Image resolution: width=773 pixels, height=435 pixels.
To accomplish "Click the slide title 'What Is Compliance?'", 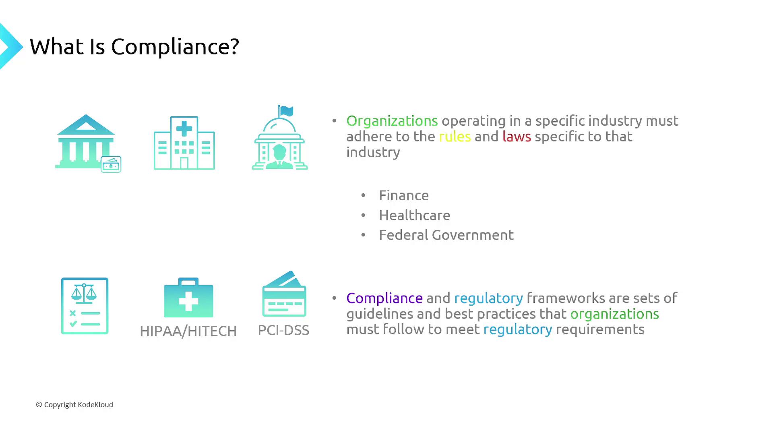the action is (134, 47).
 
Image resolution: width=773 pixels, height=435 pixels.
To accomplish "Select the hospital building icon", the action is (184, 143).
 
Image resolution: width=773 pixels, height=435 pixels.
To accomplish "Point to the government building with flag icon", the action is (280, 138).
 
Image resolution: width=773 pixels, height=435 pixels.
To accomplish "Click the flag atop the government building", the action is (286, 111).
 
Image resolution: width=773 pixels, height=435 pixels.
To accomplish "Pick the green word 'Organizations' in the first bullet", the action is (392, 121).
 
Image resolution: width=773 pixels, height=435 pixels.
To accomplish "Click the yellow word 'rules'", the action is (455, 137).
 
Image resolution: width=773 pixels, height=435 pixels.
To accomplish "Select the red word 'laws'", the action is (517, 137).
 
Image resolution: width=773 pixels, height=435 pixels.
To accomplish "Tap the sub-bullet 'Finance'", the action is (404, 195).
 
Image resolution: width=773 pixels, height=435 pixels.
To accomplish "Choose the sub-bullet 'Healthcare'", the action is (415, 215).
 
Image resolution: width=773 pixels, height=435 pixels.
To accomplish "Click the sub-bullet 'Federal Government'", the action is (446, 235).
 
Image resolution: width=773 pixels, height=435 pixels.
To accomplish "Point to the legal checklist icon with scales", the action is (85, 306).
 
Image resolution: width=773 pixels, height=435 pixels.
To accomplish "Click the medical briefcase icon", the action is (188, 297).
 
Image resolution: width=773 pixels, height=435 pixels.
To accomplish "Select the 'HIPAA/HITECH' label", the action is (188, 331).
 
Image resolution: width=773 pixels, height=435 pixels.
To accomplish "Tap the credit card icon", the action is (284, 294).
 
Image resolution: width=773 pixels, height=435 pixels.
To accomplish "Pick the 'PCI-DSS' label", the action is (283, 330).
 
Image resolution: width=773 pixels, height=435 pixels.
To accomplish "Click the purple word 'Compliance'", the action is (384, 298).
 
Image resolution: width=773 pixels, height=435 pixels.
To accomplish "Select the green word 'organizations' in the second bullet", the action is (615, 314).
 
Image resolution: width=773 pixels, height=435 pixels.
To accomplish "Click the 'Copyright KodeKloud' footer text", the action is (74, 405).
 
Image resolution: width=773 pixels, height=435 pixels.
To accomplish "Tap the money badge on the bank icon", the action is (111, 164).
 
